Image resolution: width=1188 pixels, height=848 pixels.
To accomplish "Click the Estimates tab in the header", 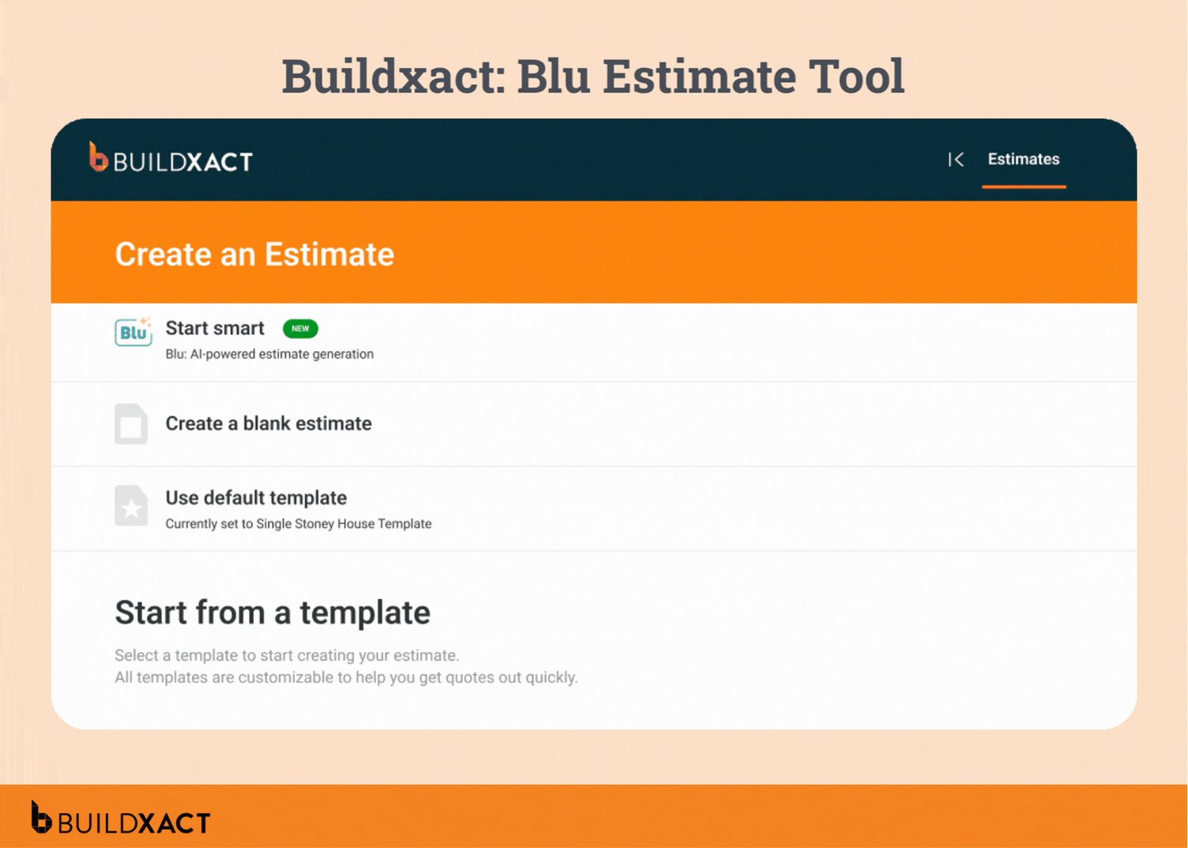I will pyautogui.click(x=1023, y=160).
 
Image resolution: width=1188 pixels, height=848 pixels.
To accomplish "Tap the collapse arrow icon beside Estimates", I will pyautogui.click(x=956, y=160).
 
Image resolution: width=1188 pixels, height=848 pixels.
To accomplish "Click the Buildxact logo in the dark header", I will pyautogui.click(x=171, y=159).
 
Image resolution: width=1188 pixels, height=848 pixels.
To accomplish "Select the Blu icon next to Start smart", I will pyautogui.click(x=133, y=332).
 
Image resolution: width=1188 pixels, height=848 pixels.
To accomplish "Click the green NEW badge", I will pyautogui.click(x=300, y=329).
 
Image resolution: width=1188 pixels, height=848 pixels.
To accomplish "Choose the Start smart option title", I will pyautogui.click(x=215, y=329).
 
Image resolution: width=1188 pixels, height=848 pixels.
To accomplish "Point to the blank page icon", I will pyautogui.click(x=131, y=424).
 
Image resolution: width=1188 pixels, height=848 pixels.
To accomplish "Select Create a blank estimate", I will pyautogui.click(x=269, y=424).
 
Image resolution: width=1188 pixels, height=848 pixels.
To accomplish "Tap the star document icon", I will pyautogui.click(x=131, y=506).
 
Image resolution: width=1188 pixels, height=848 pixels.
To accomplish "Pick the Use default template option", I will pyautogui.click(x=256, y=498).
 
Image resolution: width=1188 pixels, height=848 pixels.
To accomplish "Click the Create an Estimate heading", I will pyautogui.click(x=254, y=254).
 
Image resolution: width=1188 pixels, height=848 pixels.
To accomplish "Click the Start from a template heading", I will pyautogui.click(x=273, y=612).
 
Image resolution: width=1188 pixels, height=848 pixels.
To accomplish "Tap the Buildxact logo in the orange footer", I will pyautogui.click(x=121, y=820).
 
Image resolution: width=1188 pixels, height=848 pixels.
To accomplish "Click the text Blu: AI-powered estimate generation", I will pyautogui.click(x=269, y=354).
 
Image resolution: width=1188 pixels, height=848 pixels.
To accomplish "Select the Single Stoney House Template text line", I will pyautogui.click(x=299, y=524).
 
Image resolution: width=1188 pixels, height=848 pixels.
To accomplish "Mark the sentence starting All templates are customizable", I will pyautogui.click(x=346, y=677).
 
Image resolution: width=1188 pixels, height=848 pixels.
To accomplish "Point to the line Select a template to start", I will pyautogui.click(x=287, y=655).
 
